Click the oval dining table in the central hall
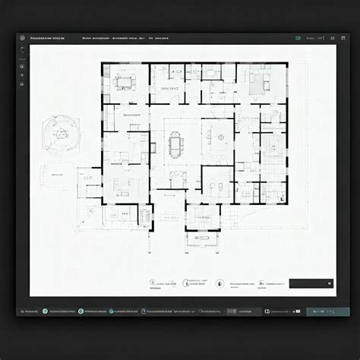click(x=175, y=142)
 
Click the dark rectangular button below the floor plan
click(x=310, y=283)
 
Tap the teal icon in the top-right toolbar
click(x=298, y=37)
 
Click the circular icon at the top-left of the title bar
click(x=23, y=37)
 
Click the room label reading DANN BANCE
click(x=169, y=89)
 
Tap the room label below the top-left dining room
click(x=131, y=115)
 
